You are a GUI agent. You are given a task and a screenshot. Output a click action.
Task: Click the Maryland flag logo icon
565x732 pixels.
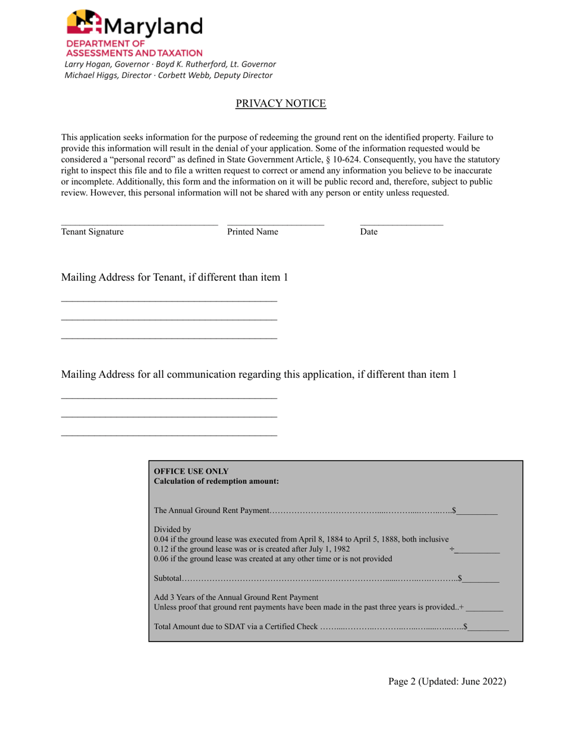[84, 23]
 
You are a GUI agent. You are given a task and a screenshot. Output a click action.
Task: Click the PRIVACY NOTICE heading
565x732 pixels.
[281, 104]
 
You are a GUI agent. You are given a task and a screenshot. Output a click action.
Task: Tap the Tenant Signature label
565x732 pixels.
[92, 232]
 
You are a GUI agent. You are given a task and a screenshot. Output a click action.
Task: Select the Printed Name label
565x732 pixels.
[252, 232]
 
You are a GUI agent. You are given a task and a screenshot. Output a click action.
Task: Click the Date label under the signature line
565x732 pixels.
[369, 232]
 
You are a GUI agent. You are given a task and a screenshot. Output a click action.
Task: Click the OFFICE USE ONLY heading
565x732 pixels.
[191, 471]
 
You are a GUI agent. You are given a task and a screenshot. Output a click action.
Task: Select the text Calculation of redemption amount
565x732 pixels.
[216, 481]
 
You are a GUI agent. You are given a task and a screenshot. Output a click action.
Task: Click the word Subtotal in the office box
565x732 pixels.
[168, 578]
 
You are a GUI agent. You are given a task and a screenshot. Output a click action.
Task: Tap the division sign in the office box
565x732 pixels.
[452, 549]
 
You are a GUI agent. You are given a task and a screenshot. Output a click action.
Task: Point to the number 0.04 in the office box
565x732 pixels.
[161, 539]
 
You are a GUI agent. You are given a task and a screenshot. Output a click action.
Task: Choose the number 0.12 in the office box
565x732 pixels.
[161, 549]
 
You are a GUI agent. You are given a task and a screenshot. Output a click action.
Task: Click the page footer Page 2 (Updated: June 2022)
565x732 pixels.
[447, 682]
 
